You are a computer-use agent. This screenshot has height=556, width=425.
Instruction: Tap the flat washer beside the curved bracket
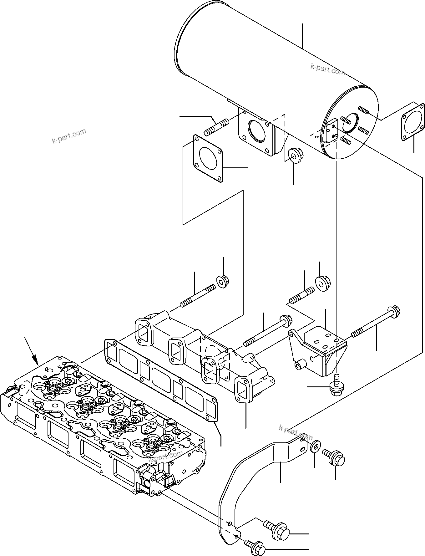315,446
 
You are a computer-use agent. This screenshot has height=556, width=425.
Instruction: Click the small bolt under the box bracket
336,385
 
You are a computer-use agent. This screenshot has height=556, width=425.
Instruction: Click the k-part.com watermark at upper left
69,136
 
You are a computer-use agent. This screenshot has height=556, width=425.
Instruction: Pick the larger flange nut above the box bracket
321,283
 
